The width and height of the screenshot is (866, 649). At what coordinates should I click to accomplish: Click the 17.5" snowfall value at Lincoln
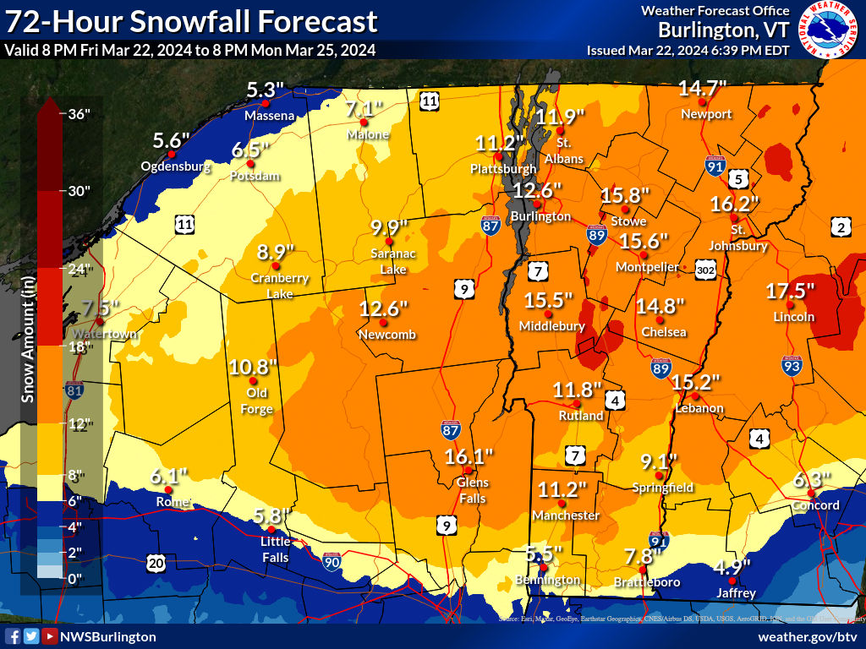click(791, 291)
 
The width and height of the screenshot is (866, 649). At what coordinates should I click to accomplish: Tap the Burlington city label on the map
click(541, 216)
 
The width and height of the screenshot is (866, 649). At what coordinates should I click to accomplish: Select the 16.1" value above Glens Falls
click(469, 457)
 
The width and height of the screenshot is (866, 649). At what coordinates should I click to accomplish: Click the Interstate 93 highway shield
click(792, 364)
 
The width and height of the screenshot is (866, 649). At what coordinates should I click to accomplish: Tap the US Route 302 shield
click(707, 268)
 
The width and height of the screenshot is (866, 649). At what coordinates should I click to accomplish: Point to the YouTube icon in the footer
click(50, 636)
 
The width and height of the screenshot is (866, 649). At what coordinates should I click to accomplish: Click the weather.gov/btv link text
click(807, 636)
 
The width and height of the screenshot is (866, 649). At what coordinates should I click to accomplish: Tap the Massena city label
click(269, 115)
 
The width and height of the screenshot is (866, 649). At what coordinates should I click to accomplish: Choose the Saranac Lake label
click(393, 261)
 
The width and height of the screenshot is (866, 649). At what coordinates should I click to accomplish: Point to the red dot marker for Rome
click(168, 489)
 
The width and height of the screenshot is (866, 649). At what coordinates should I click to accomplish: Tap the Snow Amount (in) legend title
click(28, 338)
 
